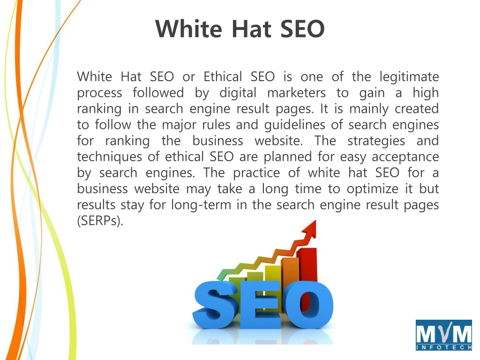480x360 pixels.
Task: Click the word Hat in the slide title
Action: pyautogui.click(x=251, y=29)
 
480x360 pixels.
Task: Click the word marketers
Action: pyautogui.click(x=296, y=93)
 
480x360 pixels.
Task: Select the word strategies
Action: pyautogui.click(x=376, y=141)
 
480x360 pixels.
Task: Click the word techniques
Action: pyautogui.click(x=109, y=157)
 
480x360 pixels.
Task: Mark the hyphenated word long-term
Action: pyautogui.click(x=201, y=205)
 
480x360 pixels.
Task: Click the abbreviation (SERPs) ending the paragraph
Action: pyautogui.click(x=100, y=221)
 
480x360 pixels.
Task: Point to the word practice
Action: pyautogui.click(x=256, y=173)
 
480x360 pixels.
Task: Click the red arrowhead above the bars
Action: pyautogui.click(x=309, y=229)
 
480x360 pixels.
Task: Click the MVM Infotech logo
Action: pyautogui.click(x=443, y=335)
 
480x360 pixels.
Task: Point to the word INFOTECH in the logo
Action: pyautogui.click(x=444, y=347)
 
